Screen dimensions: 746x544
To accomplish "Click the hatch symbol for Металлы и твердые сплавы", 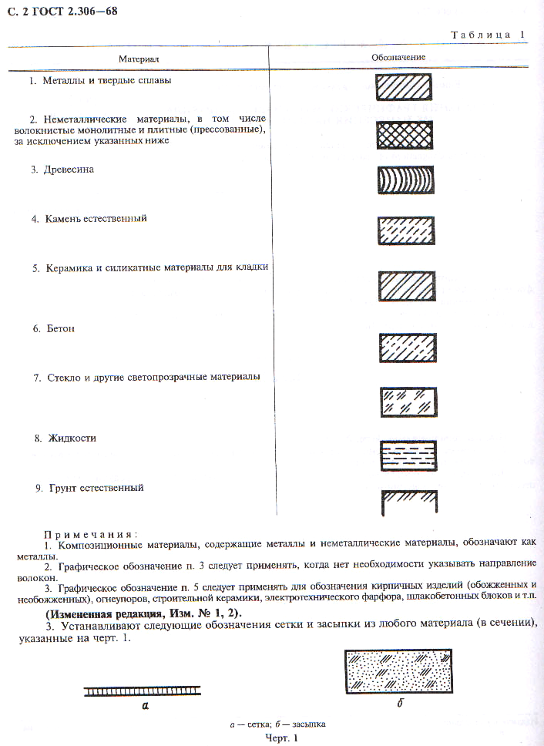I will (404, 87).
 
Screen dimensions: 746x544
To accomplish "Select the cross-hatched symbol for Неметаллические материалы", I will (404, 135).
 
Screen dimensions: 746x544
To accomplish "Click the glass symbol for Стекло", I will (408, 401).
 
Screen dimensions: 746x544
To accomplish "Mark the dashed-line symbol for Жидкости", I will (408, 455).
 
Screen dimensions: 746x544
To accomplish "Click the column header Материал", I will (139, 58).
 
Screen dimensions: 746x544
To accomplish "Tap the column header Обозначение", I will (398, 57).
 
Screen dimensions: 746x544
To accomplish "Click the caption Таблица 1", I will (488, 35).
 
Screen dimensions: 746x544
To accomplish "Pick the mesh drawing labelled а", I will (143, 691).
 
